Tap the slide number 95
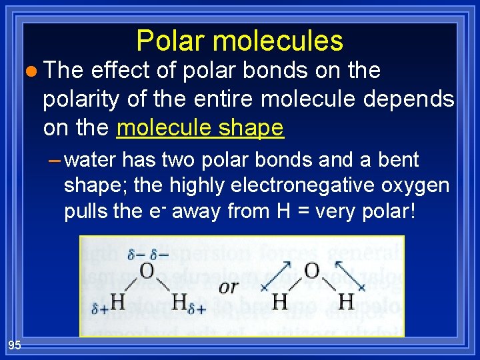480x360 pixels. click(15, 345)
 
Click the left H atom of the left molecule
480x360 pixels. click(117, 302)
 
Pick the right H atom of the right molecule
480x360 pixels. click(346, 302)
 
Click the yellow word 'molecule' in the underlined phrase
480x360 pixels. click(159, 127)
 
